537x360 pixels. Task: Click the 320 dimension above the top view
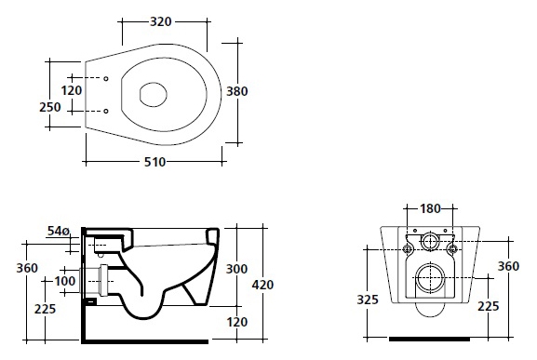click(161, 21)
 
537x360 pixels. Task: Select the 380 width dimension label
click(237, 91)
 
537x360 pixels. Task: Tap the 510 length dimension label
click(154, 162)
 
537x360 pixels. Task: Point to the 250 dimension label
click(50, 107)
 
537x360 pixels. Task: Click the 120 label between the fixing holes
click(72, 90)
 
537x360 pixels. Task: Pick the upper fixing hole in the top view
click(106, 79)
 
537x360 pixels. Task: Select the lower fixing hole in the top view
click(106, 111)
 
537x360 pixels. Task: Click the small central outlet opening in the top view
click(153, 94)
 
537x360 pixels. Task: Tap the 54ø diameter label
click(59, 232)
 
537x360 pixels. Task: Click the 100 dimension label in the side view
click(65, 281)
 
